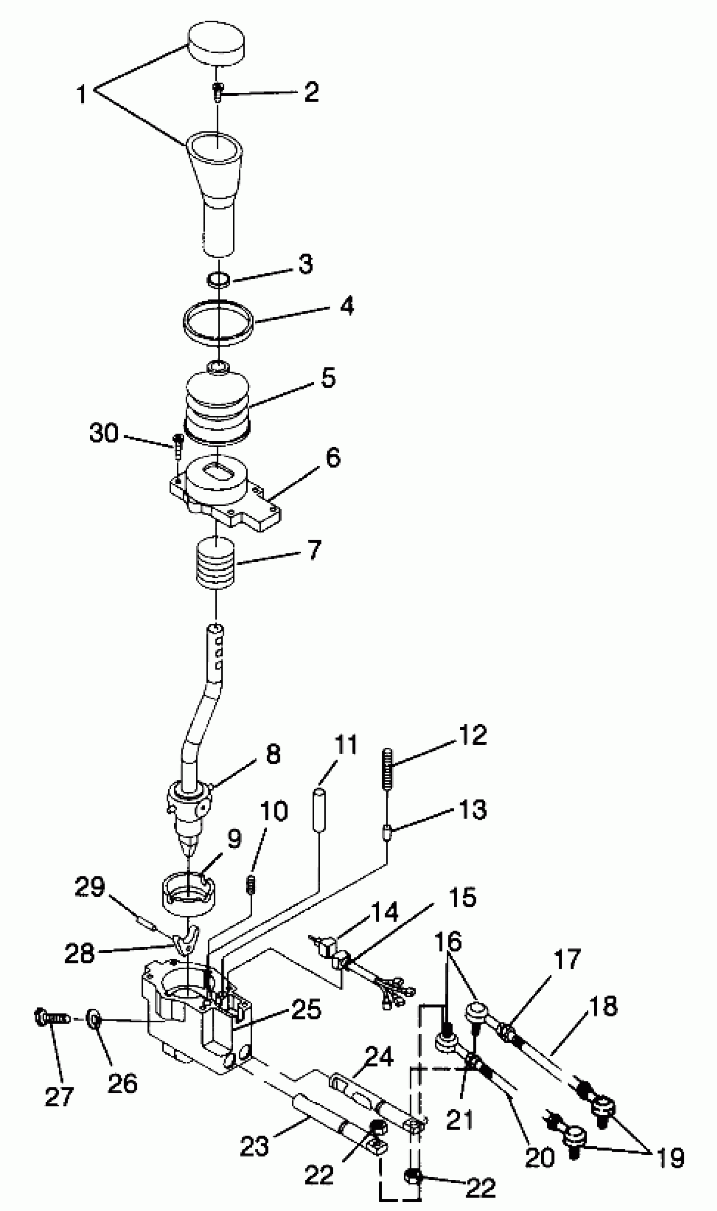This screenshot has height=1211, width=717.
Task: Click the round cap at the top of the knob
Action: (216, 43)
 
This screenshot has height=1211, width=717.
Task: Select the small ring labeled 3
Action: (218, 279)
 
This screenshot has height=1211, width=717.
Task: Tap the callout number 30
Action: (104, 432)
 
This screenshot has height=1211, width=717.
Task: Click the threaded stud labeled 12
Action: (387, 768)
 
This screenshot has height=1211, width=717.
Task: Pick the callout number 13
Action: (472, 809)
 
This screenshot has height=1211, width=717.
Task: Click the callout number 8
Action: (273, 754)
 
